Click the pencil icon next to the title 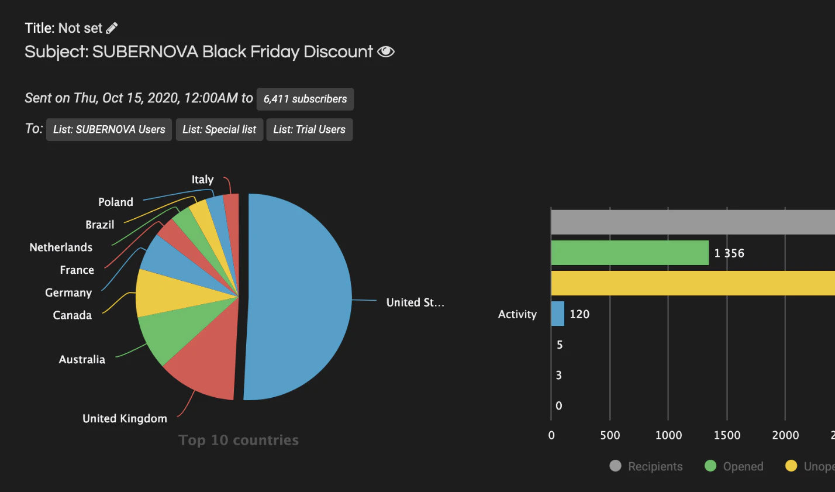pyautogui.click(x=112, y=27)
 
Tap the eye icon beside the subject pyautogui.click(x=386, y=52)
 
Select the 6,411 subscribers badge pyautogui.click(x=305, y=99)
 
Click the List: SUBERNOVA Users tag pyautogui.click(x=109, y=129)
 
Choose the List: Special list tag pyautogui.click(x=219, y=129)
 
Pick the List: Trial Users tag pyautogui.click(x=309, y=129)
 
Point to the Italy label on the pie pyautogui.click(x=202, y=180)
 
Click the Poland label pyautogui.click(x=116, y=202)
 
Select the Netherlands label pyautogui.click(x=61, y=247)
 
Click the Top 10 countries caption pyautogui.click(x=239, y=440)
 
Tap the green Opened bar pyautogui.click(x=629, y=253)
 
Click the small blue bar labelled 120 pyautogui.click(x=557, y=314)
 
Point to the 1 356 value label pyautogui.click(x=729, y=253)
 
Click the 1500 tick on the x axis pyautogui.click(x=727, y=435)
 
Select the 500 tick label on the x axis pyautogui.click(x=610, y=435)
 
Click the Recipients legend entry pyautogui.click(x=646, y=466)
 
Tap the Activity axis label pyautogui.click(x=517, y=314)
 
